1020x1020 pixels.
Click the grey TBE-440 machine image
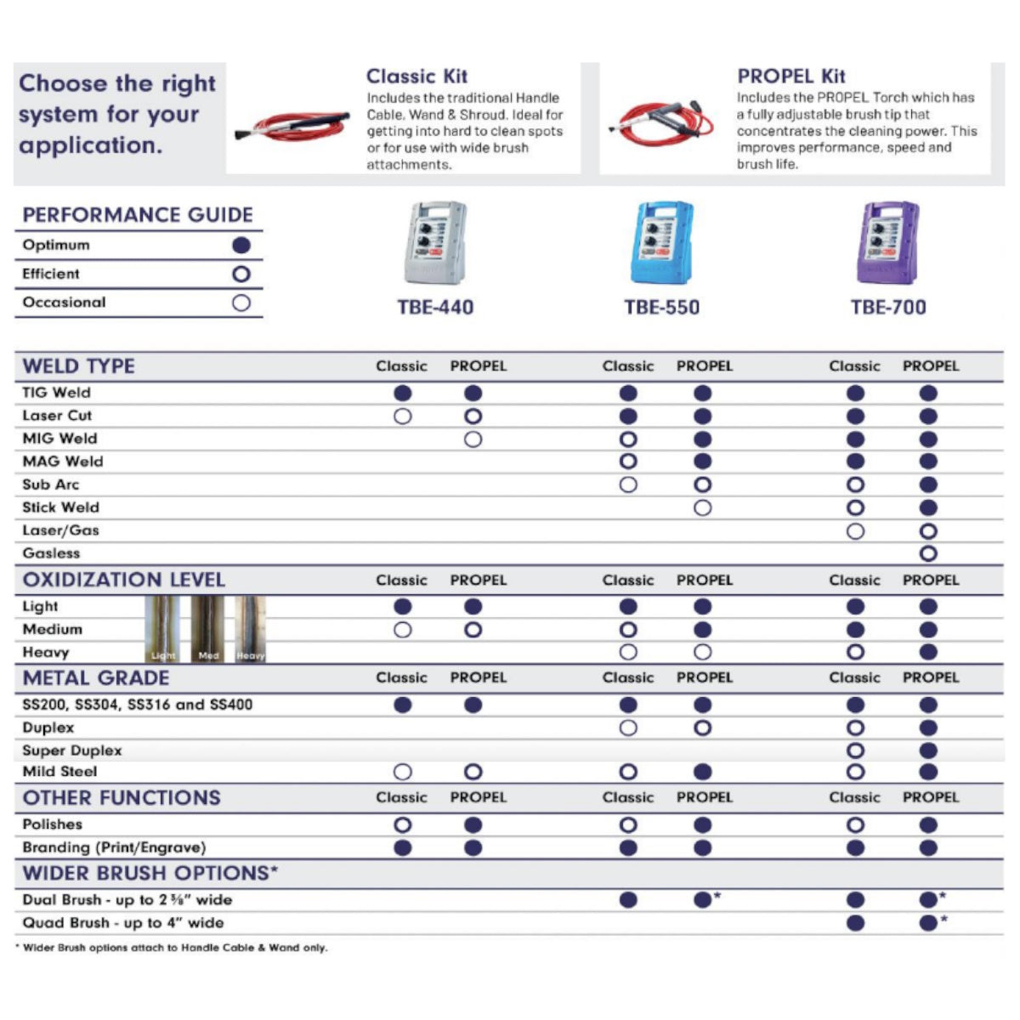click(435, 243)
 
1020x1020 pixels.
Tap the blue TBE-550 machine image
click(661, 243)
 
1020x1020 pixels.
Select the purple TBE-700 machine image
click(888, 243)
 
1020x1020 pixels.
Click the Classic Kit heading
click(416, 76)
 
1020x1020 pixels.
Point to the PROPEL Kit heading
click(790, 76)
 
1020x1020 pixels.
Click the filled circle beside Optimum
click(241, 246)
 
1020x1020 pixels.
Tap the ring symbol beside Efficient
click(241, 275)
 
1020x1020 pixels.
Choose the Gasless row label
click(51, 553)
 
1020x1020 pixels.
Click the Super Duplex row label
click(72, 751)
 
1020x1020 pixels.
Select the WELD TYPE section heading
click(79, 366)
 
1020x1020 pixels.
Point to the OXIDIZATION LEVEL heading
click(124, 580)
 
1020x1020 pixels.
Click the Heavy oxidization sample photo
click(250, 629)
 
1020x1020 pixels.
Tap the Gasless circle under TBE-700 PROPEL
click(928, 554)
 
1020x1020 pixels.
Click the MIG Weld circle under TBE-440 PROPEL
click(473, 439)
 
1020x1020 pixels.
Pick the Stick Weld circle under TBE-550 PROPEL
click(702, 508)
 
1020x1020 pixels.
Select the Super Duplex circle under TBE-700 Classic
click(856, 751)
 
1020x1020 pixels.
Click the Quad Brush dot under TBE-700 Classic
click(856, 923)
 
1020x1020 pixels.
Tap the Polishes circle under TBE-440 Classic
click(403, 825)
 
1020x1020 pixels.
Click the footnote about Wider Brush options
click(172, 948)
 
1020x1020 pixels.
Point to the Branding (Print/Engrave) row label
click(114, 847)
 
